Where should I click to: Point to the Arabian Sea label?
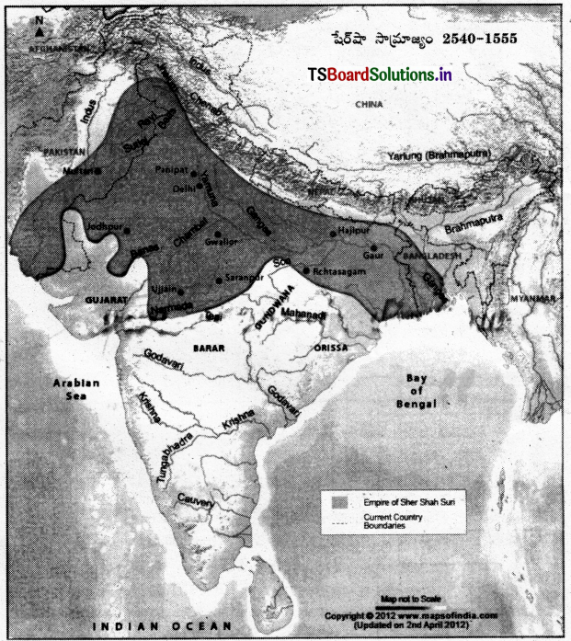pos(67,389)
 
